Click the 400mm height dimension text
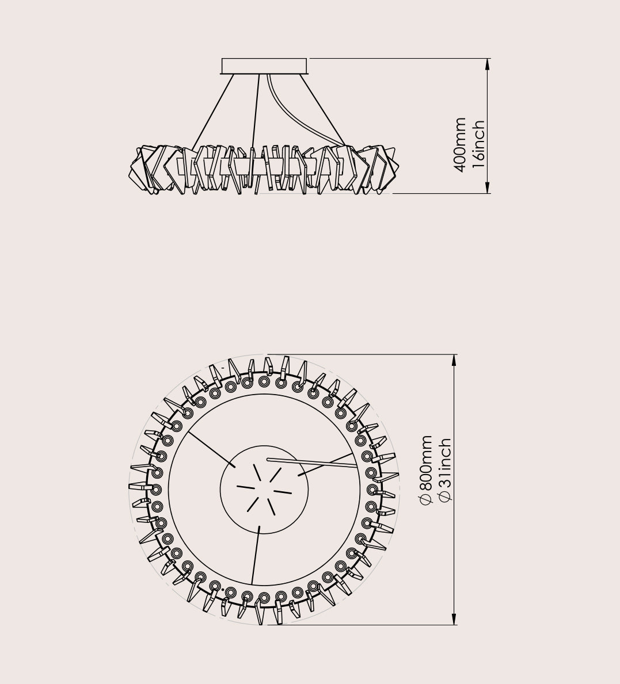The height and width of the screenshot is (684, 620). [460, 145]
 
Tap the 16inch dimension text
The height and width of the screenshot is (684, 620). [478, 144]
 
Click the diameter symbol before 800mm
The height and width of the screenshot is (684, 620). [425, 499]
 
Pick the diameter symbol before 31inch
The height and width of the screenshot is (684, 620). [444, 495]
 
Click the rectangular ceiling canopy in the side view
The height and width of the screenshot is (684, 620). [264, 66]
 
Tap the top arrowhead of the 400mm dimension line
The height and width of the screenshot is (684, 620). [488, 64]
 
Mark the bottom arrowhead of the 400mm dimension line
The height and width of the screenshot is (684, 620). [488, 188]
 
